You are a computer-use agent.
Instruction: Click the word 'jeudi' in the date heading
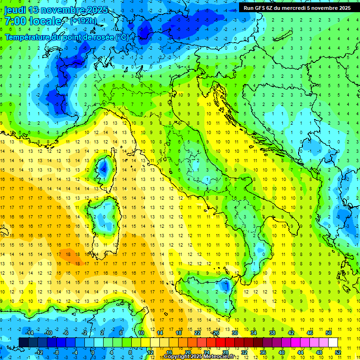coord(15,10)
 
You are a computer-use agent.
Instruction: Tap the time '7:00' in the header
coord(15,21)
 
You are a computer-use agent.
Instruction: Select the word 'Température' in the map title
coord(29,37)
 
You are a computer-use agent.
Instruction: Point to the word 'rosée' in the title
coord(102,37)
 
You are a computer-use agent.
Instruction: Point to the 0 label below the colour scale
coord(92,352)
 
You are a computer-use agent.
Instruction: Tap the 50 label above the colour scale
coord(328,333)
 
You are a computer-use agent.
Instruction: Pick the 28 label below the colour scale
coord(225,352)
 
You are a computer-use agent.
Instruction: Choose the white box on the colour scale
coord(333,343)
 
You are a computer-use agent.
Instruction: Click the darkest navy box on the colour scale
coord(23,343)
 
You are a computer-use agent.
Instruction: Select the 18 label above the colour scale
coord(178,333)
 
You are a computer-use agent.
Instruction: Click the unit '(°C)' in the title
coord(121,37)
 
